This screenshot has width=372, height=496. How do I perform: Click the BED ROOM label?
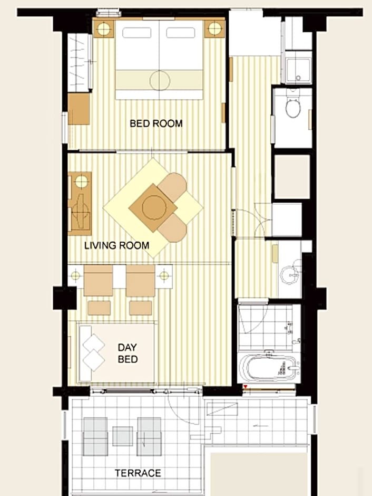[156, 123]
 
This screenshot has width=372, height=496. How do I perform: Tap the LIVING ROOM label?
[117, 245]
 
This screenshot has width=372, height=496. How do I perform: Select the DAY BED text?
[128, 353]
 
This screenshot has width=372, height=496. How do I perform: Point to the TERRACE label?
[138, 473]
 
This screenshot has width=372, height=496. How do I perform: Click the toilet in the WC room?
[293, 106]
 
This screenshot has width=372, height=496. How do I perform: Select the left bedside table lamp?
[103, 29]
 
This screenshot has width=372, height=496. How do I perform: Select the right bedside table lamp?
[214, 29]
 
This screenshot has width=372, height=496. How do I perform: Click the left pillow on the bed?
[137, 33]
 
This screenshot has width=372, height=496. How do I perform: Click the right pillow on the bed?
[180, 33]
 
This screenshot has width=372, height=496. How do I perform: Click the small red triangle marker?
[246, 387]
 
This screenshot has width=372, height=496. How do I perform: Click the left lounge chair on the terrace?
[95, 436]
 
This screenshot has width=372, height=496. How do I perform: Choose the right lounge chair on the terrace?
[149, 436]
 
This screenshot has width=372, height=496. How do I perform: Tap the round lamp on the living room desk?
[81, 180]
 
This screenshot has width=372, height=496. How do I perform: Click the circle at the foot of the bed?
[160, 81]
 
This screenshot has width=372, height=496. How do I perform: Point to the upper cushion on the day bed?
[93, 344]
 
